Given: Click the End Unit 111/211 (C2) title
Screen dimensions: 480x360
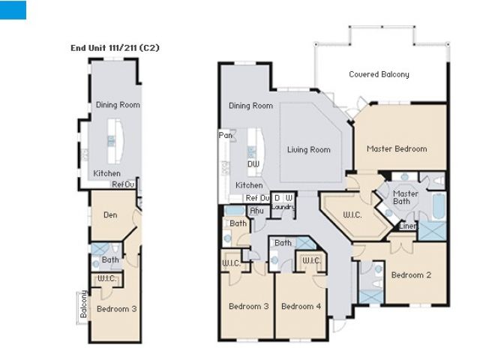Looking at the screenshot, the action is pyautogui.click(x=115, y=48).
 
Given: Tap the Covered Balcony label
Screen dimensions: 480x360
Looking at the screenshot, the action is pyautogui.click(x=379, y=74).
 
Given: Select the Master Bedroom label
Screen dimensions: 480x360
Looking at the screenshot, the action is pyautogui.click(x=397, y=149).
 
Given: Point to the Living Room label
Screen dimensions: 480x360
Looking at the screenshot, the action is pyautogui.click(x=309, y=150).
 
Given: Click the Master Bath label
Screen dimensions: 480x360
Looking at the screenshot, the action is pyautogui.click(x=405, y=197).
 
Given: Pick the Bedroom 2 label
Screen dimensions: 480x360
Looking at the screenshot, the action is pyautogui.click(x=411, y=275).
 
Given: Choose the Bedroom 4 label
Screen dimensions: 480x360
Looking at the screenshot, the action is pyautogui.click(x=301, y=306).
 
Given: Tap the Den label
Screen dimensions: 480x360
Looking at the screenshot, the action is pyautogui.click(x=110, y=215).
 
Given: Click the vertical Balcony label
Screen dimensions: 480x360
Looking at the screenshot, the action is pyautogui.click(x=83, y=304).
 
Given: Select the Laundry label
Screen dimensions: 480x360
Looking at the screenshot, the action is pyautogui.click(x=283, y=207).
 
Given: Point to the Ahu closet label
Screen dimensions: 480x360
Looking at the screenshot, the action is pyautogui.click(x=256, y=211).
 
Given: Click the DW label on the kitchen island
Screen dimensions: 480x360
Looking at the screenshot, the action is pyautogui.click(x=253, y=164).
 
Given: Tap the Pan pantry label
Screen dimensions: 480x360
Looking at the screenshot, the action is pyautogui.click(x=225, y=135).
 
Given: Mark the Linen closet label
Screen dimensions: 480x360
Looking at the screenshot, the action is pyautogui.click(x=408, y=226).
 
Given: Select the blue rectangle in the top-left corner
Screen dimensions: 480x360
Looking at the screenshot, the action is pyautogui.click(x=13, y=10).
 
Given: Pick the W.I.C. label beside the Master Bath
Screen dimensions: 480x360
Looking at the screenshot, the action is pyautogui.click(x=352, y=214).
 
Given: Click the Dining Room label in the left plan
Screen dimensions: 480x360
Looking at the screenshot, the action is pyautogui.click(x=118, y=105).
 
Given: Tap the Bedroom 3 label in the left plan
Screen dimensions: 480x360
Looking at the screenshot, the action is pyautogui.click(x=117, y=308).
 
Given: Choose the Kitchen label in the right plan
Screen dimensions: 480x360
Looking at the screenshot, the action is pyautogui.click(x=249, y=185).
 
